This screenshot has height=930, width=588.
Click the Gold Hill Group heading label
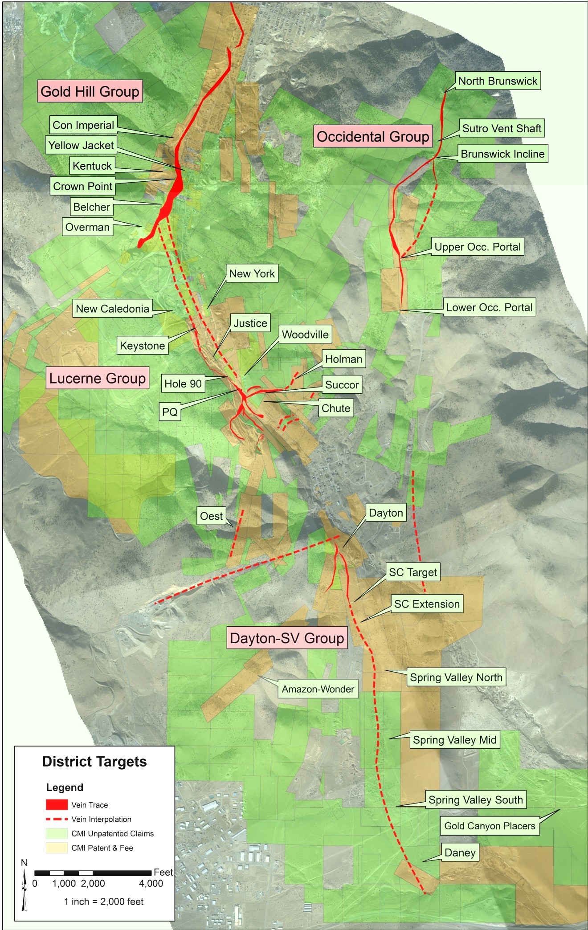pos(90,91)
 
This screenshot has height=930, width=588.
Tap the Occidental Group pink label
pos(373,136)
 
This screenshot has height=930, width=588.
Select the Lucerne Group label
pos(97,378)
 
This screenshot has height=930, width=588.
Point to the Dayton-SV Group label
pos(286,638)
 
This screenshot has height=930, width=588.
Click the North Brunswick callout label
pos(498,81)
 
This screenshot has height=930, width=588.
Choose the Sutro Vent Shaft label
pos(502,128)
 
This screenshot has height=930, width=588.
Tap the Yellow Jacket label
pos(81,145)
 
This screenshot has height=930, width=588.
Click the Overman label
pos(87,227)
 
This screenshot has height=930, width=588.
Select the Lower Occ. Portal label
pos(489,307)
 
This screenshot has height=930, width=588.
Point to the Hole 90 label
pos(183,383)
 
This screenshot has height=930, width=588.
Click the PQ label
pos(170,412)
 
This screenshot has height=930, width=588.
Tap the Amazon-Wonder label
pos(318,689)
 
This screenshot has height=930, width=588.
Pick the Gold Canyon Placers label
pos(490,826)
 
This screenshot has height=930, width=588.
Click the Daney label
pos(460,853)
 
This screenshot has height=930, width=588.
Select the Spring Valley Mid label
pos(454,740)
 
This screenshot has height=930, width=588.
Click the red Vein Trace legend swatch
pos(57,805)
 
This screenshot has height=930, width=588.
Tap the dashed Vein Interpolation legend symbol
pos(57,819)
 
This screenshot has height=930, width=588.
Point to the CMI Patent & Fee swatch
pos(57,848)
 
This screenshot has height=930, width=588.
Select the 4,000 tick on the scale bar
pos(151,883)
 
